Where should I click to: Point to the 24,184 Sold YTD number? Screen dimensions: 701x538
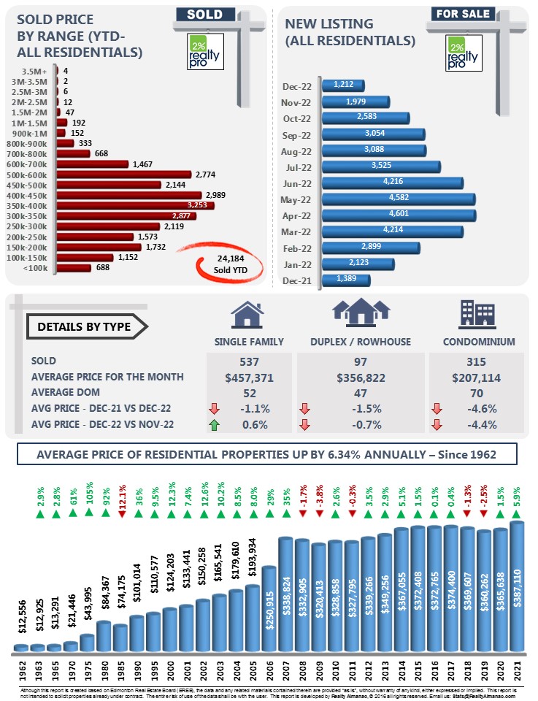[231, 258]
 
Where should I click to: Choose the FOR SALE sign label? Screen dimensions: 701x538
[461, 14]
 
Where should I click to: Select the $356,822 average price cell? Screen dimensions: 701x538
[362, 377]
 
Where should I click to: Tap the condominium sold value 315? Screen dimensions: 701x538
[476, 361]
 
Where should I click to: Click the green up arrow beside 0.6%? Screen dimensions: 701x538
[214, 425]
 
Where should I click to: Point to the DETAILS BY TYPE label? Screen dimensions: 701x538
[85, 326]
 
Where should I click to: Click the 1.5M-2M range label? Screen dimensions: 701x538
[34, 113]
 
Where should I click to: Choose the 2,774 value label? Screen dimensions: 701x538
[209, 175]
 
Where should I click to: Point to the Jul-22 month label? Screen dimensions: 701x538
[299, 166]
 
